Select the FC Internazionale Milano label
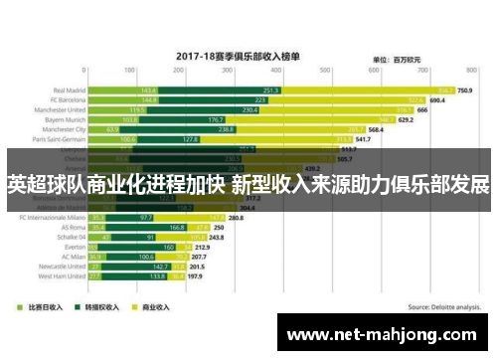point(50,217)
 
